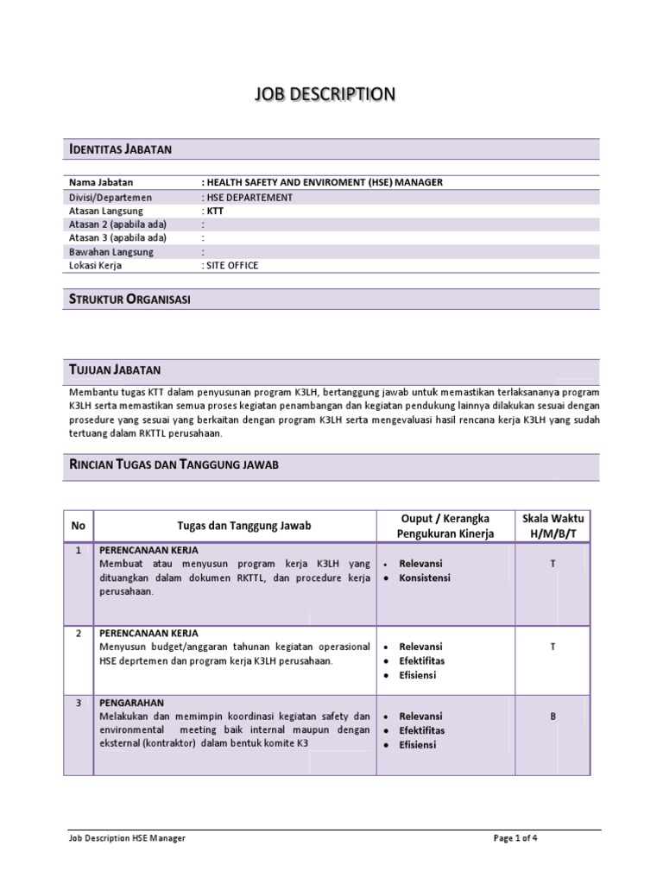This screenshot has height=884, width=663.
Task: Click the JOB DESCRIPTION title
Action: pos(325,94)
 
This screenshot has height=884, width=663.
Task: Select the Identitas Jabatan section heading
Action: pos(120,149)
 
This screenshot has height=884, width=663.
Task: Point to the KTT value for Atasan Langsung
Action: pos(214,211)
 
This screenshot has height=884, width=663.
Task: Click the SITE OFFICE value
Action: pos(230,266)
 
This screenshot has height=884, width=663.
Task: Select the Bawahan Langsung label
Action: pos(110,252)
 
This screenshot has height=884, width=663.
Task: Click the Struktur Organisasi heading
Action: pos(129,299)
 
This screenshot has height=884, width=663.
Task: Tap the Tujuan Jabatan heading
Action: pos(115,370)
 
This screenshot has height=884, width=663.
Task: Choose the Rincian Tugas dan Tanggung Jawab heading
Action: pos(174,464)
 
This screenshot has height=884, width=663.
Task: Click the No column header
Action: pos(79,526)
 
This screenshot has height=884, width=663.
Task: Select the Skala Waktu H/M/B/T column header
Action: pos(552,526)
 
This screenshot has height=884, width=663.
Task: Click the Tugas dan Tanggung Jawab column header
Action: pos(243,526)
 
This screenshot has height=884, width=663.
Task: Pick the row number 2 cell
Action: pos(79,633)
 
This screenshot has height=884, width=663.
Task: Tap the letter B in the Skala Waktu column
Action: pos(552,716)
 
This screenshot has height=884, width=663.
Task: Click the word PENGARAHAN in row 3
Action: pos(132,703)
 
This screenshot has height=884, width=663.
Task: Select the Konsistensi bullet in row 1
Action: pos(425,578)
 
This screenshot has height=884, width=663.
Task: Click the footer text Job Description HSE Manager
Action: pos(127,838)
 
